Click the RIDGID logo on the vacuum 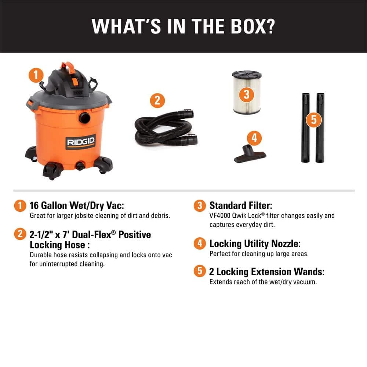click(80, 142)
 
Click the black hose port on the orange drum click(84, 118)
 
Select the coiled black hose click(166, 128)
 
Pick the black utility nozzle click(250, 154)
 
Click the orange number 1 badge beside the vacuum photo click(36, 75)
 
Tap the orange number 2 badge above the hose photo click(157, 101)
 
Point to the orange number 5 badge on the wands click(314, 120)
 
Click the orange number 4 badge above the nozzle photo click(254, 138)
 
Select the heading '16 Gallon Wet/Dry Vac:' click(77, 206)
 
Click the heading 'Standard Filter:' click(241, 206)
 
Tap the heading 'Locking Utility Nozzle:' click(255, 244)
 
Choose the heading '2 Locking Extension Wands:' click(267, 272)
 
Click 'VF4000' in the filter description click(220, 215)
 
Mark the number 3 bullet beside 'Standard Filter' click(200, 206)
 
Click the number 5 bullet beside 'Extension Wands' click(200, 271)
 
